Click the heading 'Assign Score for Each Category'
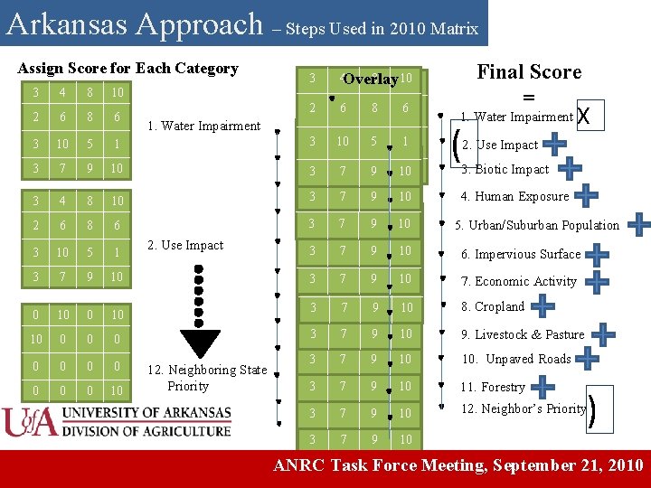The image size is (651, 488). [127, 69]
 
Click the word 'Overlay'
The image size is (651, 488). [371, 80]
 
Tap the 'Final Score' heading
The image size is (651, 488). [529, 72]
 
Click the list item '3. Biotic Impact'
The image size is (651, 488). [505, 169]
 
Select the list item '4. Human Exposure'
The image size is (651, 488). [514, 196]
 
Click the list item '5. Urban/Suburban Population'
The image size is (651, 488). [537, 225]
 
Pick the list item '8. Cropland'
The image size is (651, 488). [493, 306]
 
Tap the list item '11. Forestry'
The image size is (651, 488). [493, 387]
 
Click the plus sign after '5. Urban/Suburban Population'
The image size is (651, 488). [638, 224]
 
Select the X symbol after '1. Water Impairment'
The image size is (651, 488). [583, 117]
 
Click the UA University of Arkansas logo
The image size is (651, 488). [118, 423]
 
